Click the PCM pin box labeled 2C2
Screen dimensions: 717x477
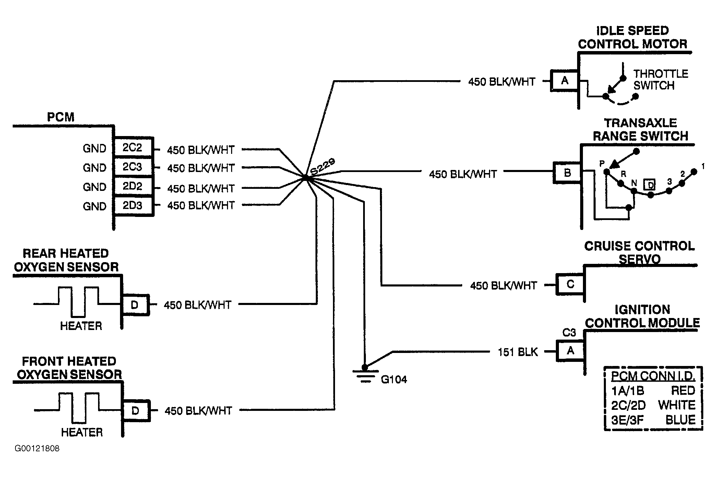(133, 148)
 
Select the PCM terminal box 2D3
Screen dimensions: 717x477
(133, 206)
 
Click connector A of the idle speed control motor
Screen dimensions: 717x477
(564, 81)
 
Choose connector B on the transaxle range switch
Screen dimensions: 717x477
(567, 173)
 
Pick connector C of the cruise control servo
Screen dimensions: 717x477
(570, 284)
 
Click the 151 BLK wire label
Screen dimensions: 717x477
(518, 352)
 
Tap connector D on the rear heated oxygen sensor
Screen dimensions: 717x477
(135, 305)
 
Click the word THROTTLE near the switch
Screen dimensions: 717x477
(660, 74)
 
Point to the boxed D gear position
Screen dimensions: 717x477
(649, 185)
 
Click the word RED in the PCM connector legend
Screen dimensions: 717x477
(683, 390)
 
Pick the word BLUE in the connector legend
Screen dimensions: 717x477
(680, 420)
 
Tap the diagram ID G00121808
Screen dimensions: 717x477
(37, 449)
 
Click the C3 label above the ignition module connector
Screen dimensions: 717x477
(569, 332)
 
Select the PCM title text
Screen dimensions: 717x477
(60, 117)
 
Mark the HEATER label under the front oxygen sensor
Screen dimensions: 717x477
(82, 432)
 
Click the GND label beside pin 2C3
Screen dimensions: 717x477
(94, 168)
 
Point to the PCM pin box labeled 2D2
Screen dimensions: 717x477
(133, 186)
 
